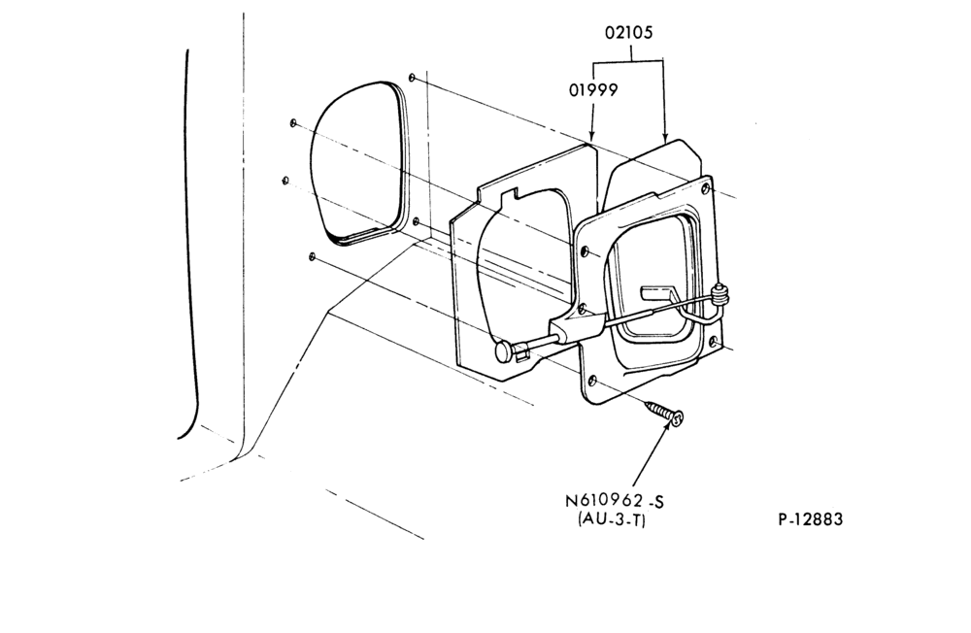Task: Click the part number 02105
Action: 628,32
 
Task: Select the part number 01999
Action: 593,90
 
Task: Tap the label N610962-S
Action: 615,501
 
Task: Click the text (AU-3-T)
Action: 612,520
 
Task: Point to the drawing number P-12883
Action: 811,519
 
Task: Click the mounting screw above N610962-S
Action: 664,414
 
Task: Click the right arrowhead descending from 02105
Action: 665,137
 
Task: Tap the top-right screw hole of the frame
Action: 707,187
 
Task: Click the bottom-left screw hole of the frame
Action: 592,381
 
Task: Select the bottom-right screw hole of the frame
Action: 714,342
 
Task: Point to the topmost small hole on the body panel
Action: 413,78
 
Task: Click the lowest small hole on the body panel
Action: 312,255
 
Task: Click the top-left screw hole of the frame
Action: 586,252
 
